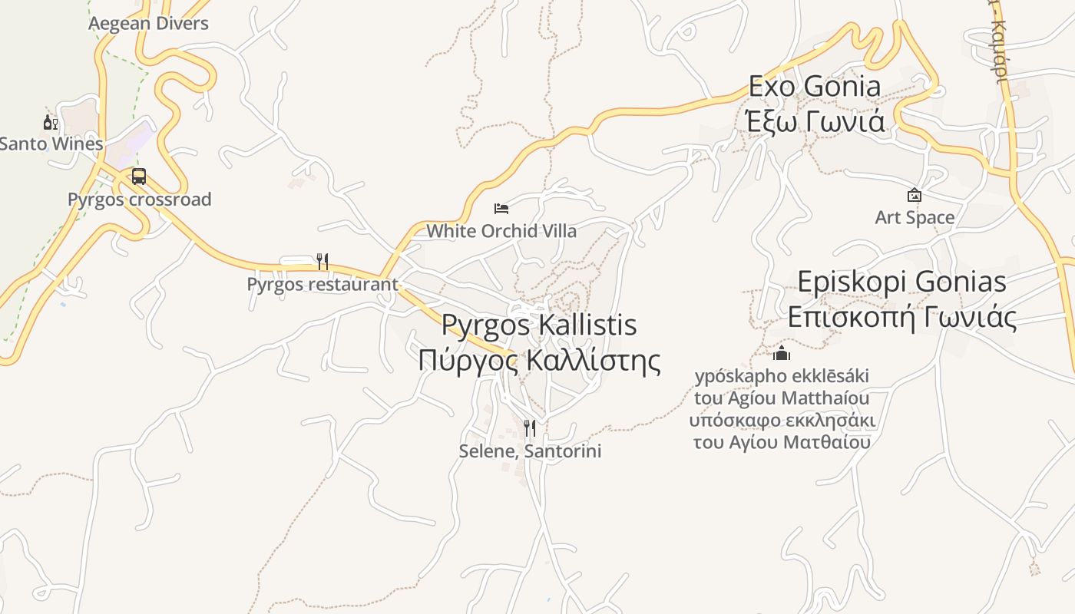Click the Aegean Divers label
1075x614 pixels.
pos(148,23)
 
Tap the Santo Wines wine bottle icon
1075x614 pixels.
pos(50,122)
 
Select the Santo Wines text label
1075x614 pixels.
pos(51,144)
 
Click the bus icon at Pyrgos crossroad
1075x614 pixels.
pos(138,177)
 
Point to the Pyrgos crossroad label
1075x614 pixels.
pos(139,200)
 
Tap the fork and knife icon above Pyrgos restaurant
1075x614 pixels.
pos(322,262)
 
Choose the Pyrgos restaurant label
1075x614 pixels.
pos(322,284)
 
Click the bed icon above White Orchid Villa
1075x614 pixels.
pos(501,208)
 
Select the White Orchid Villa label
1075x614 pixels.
pos(501,230)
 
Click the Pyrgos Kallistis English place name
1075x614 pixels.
pos(539,325)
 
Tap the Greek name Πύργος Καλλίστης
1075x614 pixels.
pos(539,360)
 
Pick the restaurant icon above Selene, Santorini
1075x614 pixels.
pos(529,427)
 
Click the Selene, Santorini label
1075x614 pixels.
pos(530,451)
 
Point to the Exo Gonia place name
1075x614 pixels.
pos(815,86)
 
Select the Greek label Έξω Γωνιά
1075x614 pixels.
pos(815,121)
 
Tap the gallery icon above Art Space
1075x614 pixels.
pos(915,195)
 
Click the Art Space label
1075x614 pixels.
pos(915,217)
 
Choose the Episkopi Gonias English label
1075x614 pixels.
pos(901,282)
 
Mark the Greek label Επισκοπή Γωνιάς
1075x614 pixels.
pos(901,317)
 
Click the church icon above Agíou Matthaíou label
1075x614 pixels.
pos(782,353)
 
